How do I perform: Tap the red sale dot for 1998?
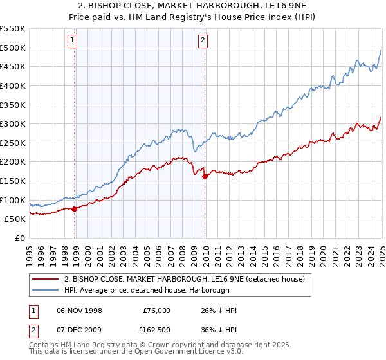point(75,208)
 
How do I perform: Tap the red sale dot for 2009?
point(205,175)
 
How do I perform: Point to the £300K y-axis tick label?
point(14,123)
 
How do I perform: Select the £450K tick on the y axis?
point(14,66)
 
